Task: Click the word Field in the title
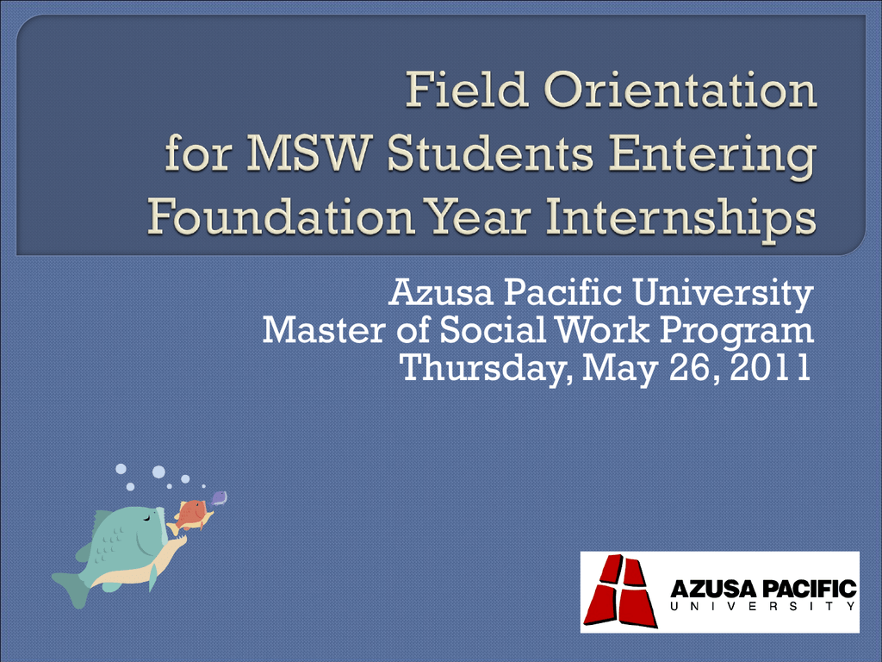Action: (467, 90)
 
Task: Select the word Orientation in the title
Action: (680, 90)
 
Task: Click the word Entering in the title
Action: (712, 157)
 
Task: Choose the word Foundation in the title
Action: (282, 216)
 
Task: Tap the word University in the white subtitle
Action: (723, 295)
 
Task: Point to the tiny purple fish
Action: (218, 498)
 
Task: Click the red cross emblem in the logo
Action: (620, 591)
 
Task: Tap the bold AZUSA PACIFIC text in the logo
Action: (763, 589)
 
